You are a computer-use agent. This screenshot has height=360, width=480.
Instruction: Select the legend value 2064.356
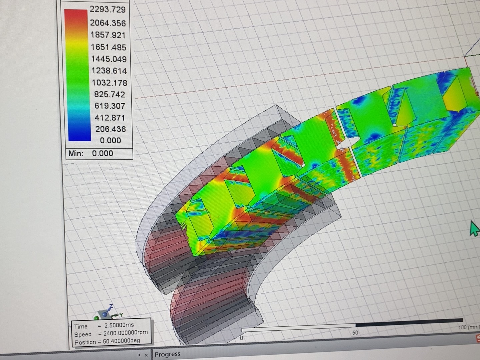click(108, 23)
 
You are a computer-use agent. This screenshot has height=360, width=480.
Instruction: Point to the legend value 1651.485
click(108, 47)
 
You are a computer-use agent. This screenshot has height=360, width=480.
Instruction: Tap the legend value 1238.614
click(109, 71)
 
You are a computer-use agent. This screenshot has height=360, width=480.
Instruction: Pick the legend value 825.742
click(110, 94)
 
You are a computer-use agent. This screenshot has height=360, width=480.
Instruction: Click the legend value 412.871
click(110, 118)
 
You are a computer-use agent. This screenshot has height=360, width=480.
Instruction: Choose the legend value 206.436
click(110, 129)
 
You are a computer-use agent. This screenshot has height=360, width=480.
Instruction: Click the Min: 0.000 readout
click(91, 153)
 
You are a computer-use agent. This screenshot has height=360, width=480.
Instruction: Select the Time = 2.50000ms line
click(104, 326)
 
